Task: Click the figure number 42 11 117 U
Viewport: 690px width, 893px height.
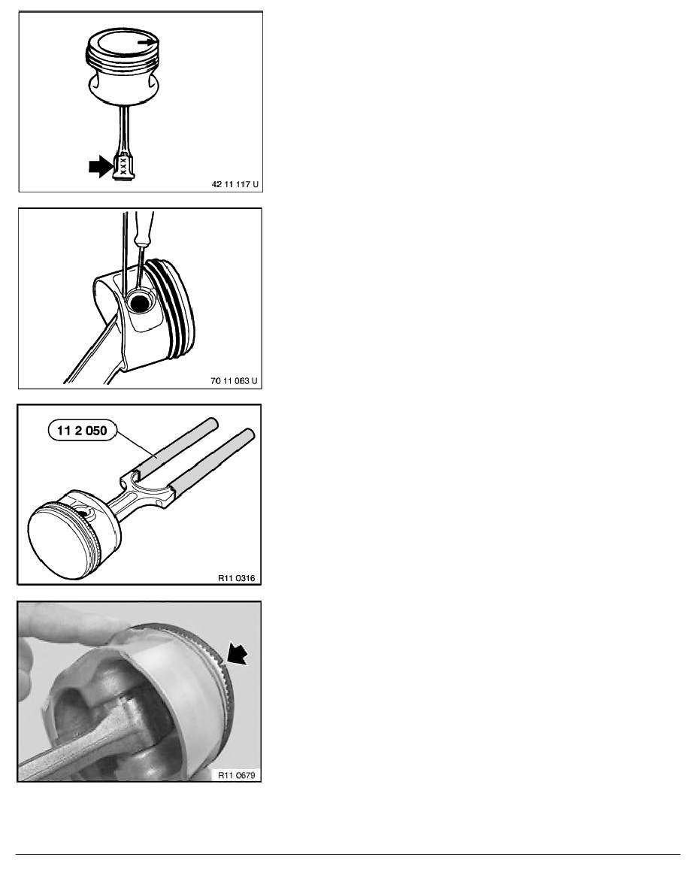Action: click(235, 184)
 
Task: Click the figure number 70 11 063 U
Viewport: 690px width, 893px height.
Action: click(234, 380)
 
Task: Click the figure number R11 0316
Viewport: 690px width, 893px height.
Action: click(237, 578)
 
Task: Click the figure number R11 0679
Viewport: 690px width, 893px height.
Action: click(236, 775)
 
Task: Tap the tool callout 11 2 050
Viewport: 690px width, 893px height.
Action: click(82, 431)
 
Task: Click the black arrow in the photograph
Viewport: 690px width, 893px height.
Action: click(238, 652)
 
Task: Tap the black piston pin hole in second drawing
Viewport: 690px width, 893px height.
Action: click(140, 303)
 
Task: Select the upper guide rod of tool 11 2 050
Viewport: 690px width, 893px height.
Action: click(176, 448)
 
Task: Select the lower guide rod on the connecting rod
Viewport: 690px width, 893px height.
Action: click(210, 464)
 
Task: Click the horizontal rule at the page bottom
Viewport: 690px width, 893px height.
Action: click(348, 854)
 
